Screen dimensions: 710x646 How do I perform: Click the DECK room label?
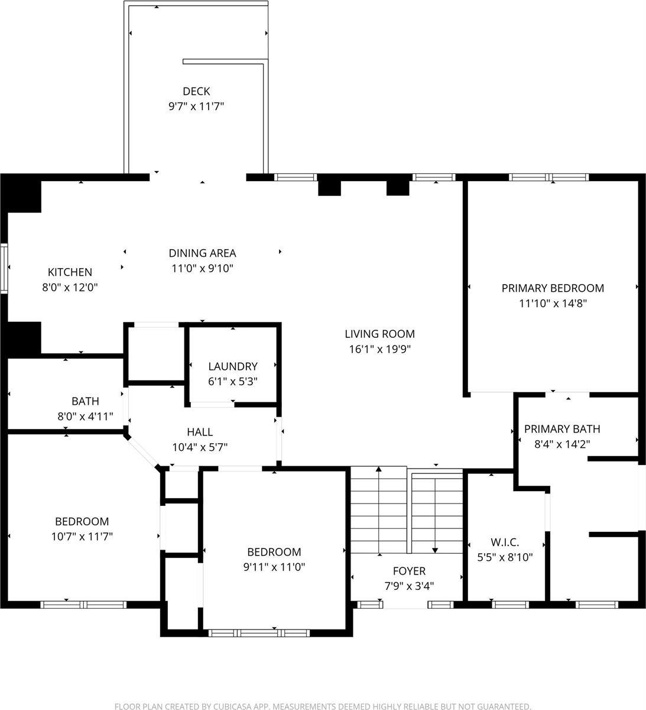click(x=196, y=91)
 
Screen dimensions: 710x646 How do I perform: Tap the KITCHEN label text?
click(x=70, y=272)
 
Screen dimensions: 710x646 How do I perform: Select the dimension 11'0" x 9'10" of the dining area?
click(x=202, y=268)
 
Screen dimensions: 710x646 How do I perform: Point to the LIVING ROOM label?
click(x=379, y=334)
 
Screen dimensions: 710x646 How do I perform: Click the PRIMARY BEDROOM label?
click(x=553, y=288)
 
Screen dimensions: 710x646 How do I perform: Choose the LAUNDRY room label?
click(x=232, y=366)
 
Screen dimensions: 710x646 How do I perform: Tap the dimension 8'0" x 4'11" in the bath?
click(x=85, y=417)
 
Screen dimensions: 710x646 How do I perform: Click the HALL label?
click(x=200, y=432)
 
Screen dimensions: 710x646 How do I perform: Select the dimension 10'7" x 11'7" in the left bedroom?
click(x=82, y=537)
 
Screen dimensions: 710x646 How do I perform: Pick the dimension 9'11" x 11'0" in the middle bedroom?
click(x=274, y=567)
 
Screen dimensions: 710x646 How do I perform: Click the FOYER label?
click(x=409, y=571)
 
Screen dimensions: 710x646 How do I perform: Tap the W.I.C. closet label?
click(x=505, y=542)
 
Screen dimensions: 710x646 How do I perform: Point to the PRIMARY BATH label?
click(x=562, y=429)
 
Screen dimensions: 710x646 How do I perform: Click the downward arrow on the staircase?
click(x=436, y=547)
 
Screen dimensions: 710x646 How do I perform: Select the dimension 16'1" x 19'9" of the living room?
click(x=379, y=349)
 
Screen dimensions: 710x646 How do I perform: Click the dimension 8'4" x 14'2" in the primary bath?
click(x=562, y=444)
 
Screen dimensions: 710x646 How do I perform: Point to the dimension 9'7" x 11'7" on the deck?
click(x=196, y=107)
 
